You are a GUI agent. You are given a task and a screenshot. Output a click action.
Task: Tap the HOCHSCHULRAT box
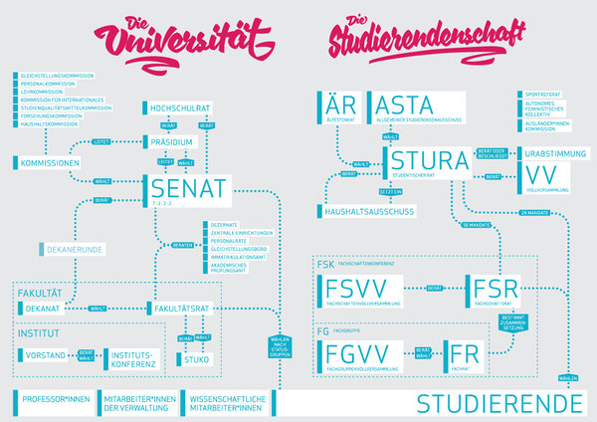[x=183, y=105]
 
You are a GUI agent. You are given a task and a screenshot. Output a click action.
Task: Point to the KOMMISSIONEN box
[x=46, y=162]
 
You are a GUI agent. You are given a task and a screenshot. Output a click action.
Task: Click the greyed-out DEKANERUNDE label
[x=74, y=247]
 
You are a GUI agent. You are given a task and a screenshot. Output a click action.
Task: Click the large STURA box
[x=428, y=161]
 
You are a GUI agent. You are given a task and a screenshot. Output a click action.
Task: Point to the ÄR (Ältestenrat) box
[x=341, y=107]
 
